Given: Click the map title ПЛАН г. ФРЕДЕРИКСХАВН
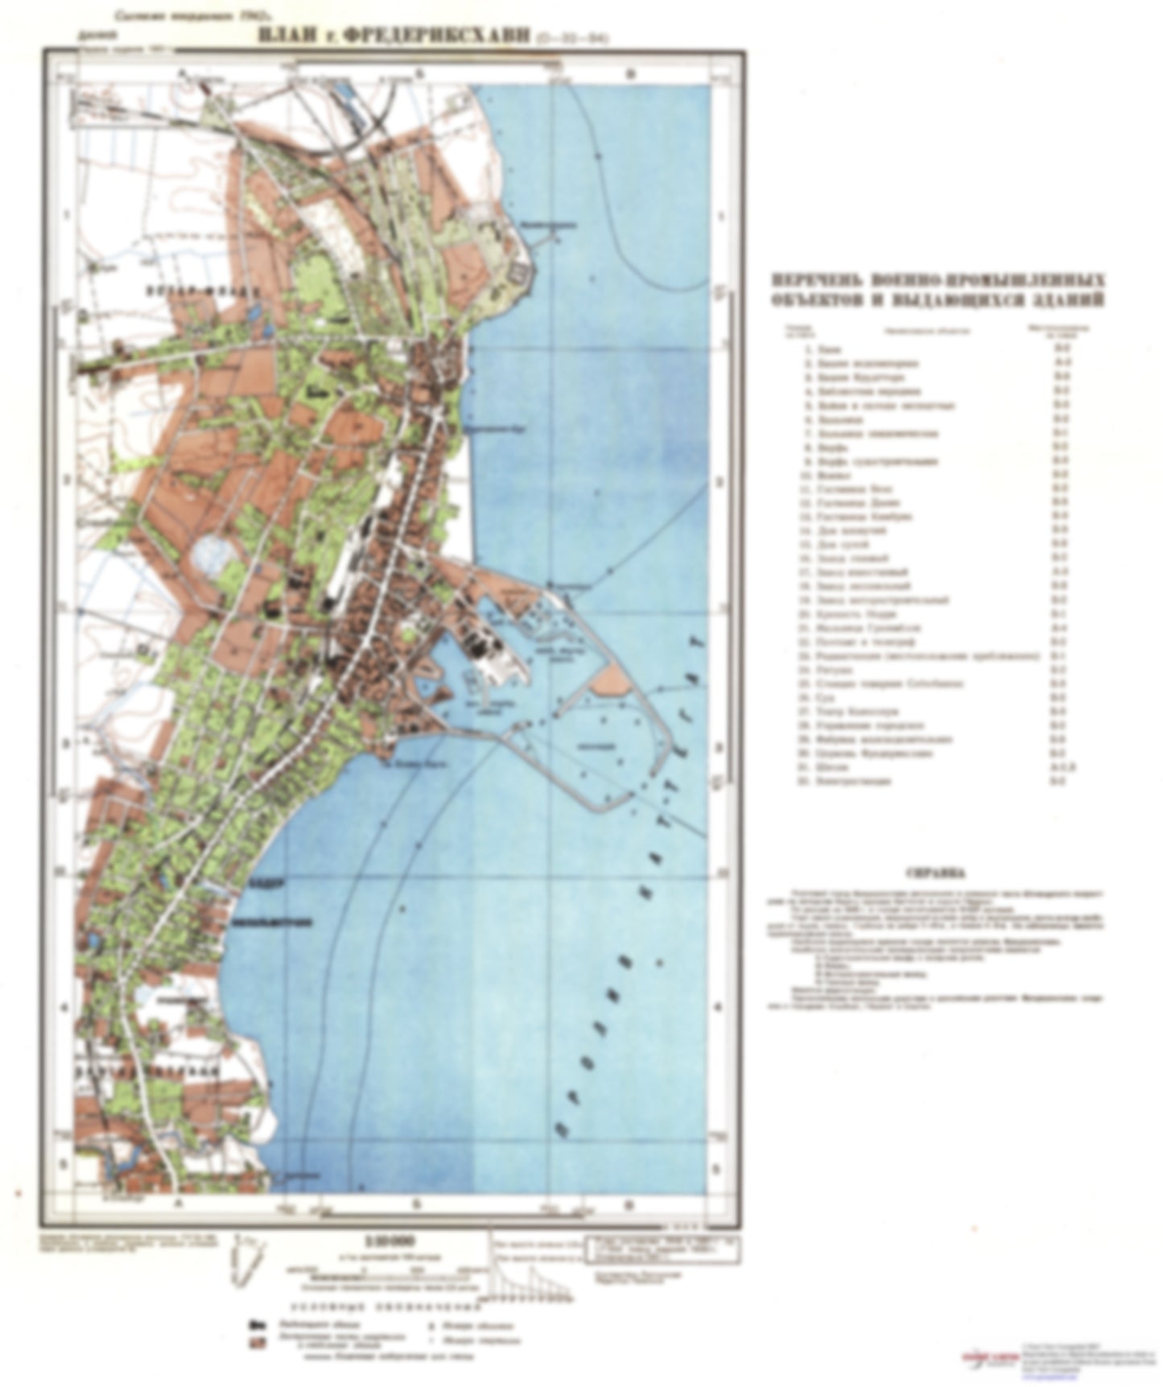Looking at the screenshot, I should (394, 36).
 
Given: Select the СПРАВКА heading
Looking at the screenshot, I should (936, 873).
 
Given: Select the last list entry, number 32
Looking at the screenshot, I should (854, 781).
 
